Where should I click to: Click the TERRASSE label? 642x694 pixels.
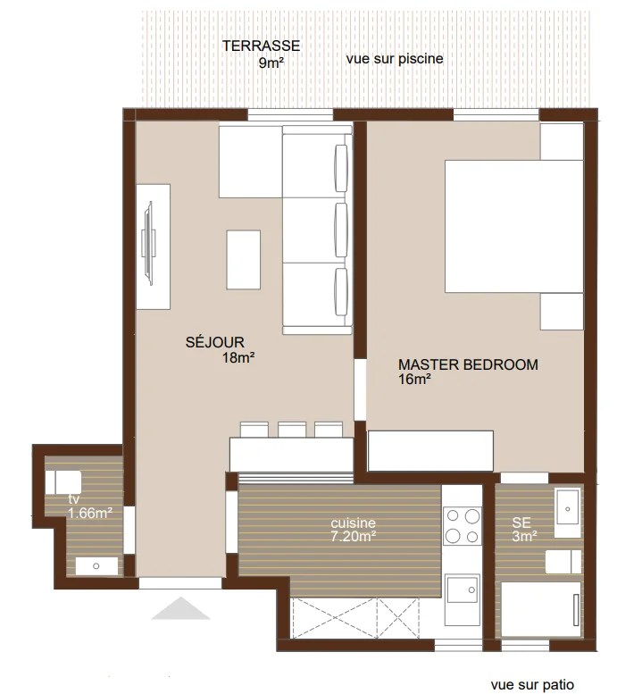[x=261, y=46]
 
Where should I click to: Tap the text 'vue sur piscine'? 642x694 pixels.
[x=394, y=59]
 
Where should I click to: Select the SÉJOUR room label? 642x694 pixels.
[x=215, y=340]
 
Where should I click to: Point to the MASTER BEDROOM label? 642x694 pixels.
[x=467, y=364]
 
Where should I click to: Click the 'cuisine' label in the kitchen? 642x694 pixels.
[x=353, y=523]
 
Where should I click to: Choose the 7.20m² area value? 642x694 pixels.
[x=353, y=536]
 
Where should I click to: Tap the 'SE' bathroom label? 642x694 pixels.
[x=521, y=523]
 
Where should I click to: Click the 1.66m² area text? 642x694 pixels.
[x=89, y=513]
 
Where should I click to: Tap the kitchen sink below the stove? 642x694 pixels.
[x=463, y=589]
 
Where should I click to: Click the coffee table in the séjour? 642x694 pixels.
[x=244, y=259]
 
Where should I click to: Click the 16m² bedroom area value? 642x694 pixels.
[x=415, y=380]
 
